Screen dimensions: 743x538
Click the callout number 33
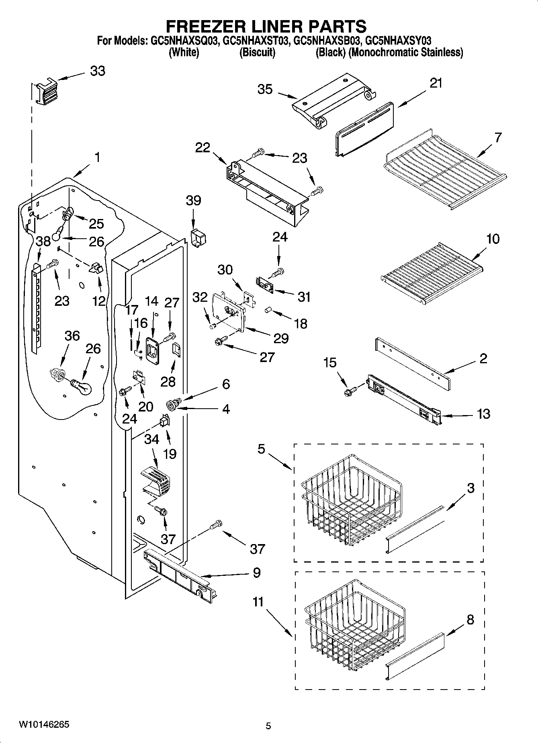pyautogui.click(x=97, y=71)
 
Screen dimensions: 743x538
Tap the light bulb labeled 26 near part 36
pyautogui.click(x=82, y=386)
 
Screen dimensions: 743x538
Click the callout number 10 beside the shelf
pyautogui.click(x=493, y=239)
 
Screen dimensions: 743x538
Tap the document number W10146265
pyautogui.click(x=44, y=725)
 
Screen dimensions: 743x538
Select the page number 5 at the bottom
pyautogui.click(x=268, y=726)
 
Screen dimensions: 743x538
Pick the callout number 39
pyautogui.click(x=193, y=201)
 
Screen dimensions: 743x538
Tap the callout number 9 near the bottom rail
pyautogui.click(x=257, y=573)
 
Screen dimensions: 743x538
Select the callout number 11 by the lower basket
pyautogui.click(x=258, y=602)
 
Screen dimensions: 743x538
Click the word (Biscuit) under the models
pyautogui.click(x=257, y=53)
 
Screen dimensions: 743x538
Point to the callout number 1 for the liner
pyautogui.click(x=97, y=157)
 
